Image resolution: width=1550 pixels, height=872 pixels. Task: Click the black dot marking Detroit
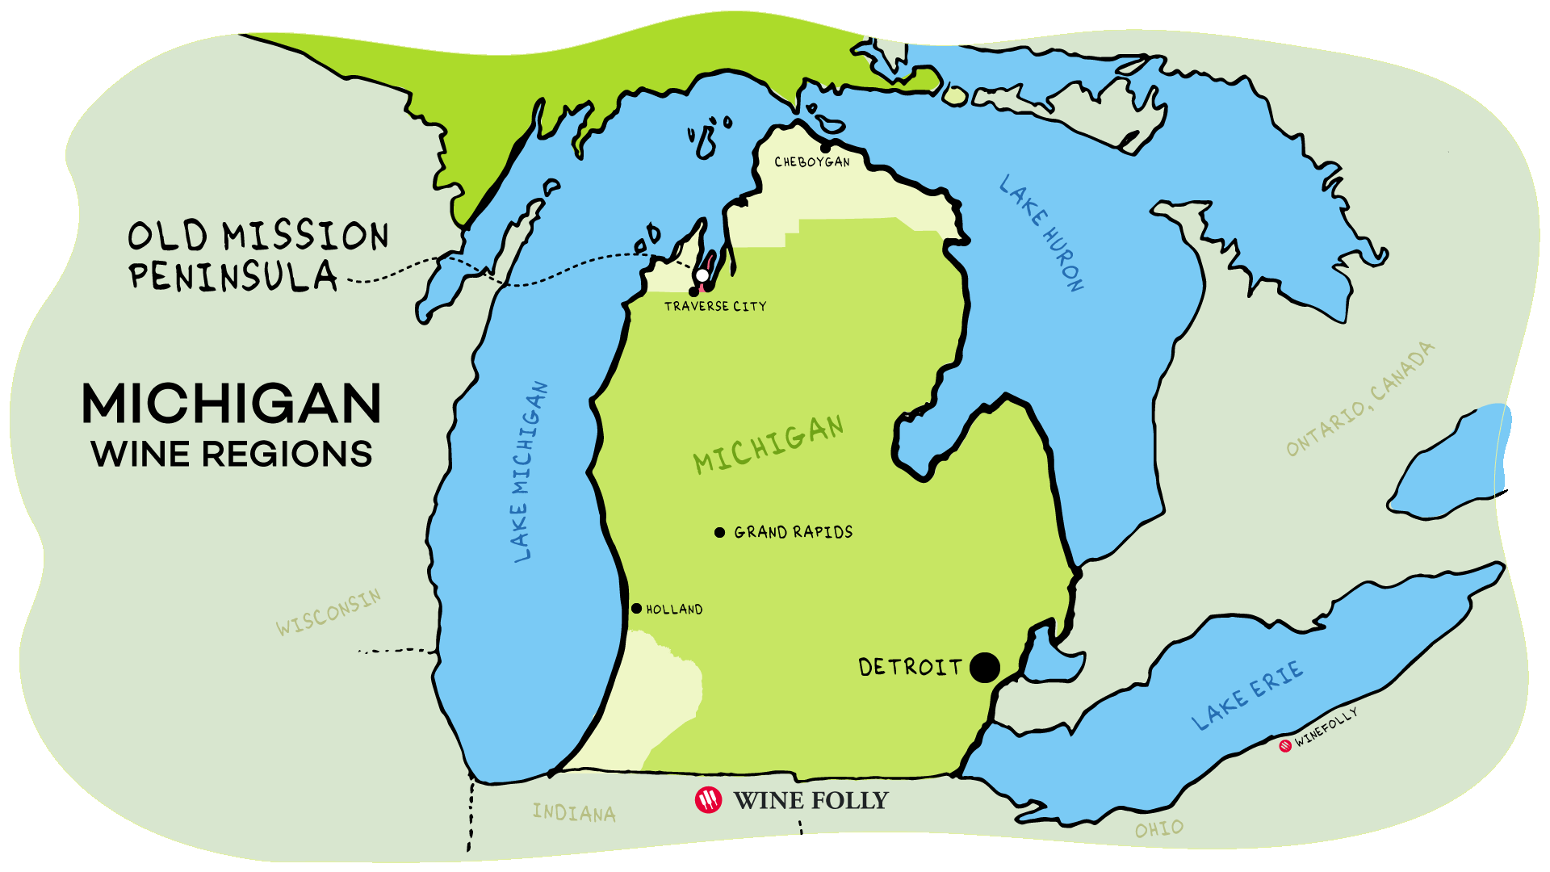click(x=984, y=668)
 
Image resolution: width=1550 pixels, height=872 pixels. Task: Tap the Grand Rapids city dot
click(x=719, y=532)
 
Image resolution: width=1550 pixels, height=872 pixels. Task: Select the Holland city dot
click(x=636, y=609)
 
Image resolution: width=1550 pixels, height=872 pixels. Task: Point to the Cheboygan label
click(x=812, y=162)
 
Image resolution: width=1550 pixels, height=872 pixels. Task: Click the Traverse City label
click(x=715, y=307)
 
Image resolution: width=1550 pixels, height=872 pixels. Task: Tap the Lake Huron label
click(x=1041, y=233)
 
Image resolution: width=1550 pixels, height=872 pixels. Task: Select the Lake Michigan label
click(x=530, y=472)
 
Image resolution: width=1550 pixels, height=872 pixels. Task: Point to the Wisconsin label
click(x=328, y=613)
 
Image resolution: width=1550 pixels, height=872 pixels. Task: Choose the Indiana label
click(x=574, y=812)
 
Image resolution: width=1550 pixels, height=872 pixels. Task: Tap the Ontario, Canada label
click(x=1360, y=399)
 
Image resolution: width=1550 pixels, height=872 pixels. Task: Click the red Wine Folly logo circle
click(x=708, y=800)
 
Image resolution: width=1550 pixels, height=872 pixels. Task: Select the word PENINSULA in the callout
click(x=232, y=277)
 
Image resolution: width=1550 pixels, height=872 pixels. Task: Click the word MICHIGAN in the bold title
click(x=232, y=404)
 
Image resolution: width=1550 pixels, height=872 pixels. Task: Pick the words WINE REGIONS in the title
click(x=232, y=455)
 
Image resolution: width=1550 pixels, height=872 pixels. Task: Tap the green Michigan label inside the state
click(x=769, y=444)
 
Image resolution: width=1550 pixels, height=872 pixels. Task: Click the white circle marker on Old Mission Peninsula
click(x=702, y=276)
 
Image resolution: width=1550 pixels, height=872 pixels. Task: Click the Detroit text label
click(x=911, y=668)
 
